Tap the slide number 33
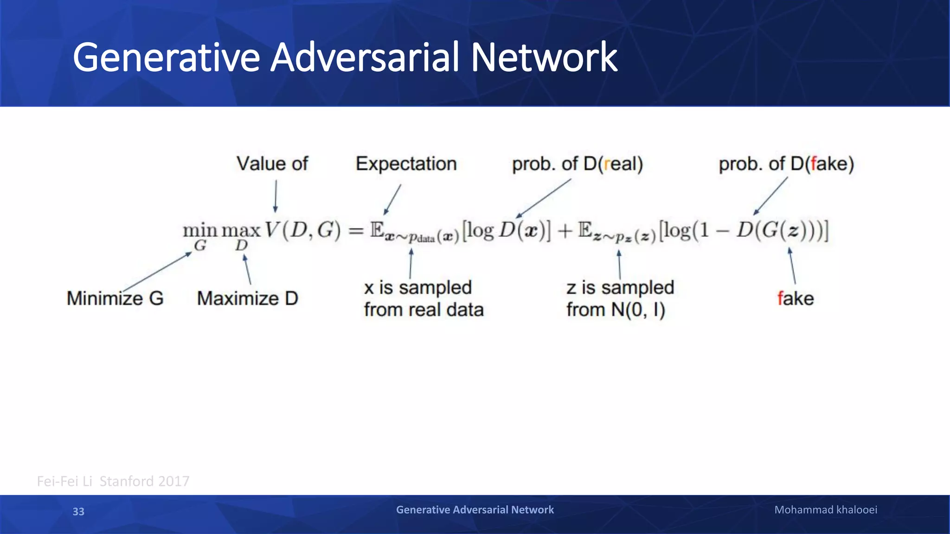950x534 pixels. (78, 511)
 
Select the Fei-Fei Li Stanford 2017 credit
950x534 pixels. (113, 481)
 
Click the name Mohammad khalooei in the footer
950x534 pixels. (826, 510)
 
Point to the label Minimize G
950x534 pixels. (115, 299)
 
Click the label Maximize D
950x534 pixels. (247, 299)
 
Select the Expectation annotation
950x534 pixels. (406, 164)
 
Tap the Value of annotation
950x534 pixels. (272, 164)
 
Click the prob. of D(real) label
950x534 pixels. (577, 164)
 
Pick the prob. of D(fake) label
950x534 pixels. (786, 164)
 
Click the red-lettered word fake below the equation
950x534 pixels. (795, 299)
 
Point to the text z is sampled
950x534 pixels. (620, 287)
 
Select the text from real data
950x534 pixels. (424, 310)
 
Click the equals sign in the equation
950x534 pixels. (356, 230)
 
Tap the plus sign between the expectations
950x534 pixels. (565, 230)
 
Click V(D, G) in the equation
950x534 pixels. (302, 230)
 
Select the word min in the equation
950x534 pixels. (200, 230)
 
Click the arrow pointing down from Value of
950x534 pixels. (276, 196)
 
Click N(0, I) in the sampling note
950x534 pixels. (638, 310)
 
